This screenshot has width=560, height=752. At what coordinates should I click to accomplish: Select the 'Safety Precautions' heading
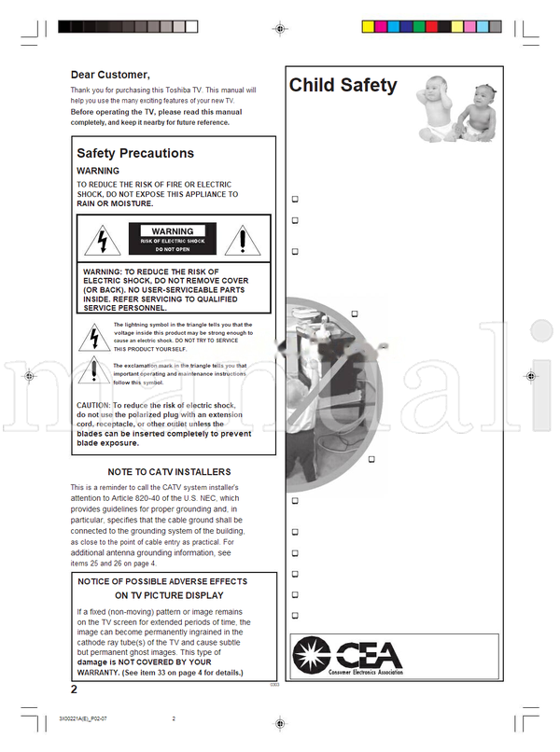pos(135,153)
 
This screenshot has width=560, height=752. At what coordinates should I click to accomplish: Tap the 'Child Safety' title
pos(343,86)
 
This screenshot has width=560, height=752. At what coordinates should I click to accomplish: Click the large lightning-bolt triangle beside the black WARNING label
pos(97,241)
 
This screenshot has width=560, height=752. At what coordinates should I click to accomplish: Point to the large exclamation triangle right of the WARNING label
pos(242,241)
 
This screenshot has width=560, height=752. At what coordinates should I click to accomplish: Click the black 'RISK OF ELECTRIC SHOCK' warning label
pos(172,240)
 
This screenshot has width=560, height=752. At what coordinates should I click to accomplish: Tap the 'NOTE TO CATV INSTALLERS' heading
pos(169,472)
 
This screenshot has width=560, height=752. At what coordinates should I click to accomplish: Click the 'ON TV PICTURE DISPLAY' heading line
pos(169,594)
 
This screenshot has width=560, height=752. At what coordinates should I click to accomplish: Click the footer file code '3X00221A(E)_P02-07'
pos(90,718)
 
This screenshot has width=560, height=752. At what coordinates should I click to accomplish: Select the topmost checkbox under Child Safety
pos(295,199)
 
